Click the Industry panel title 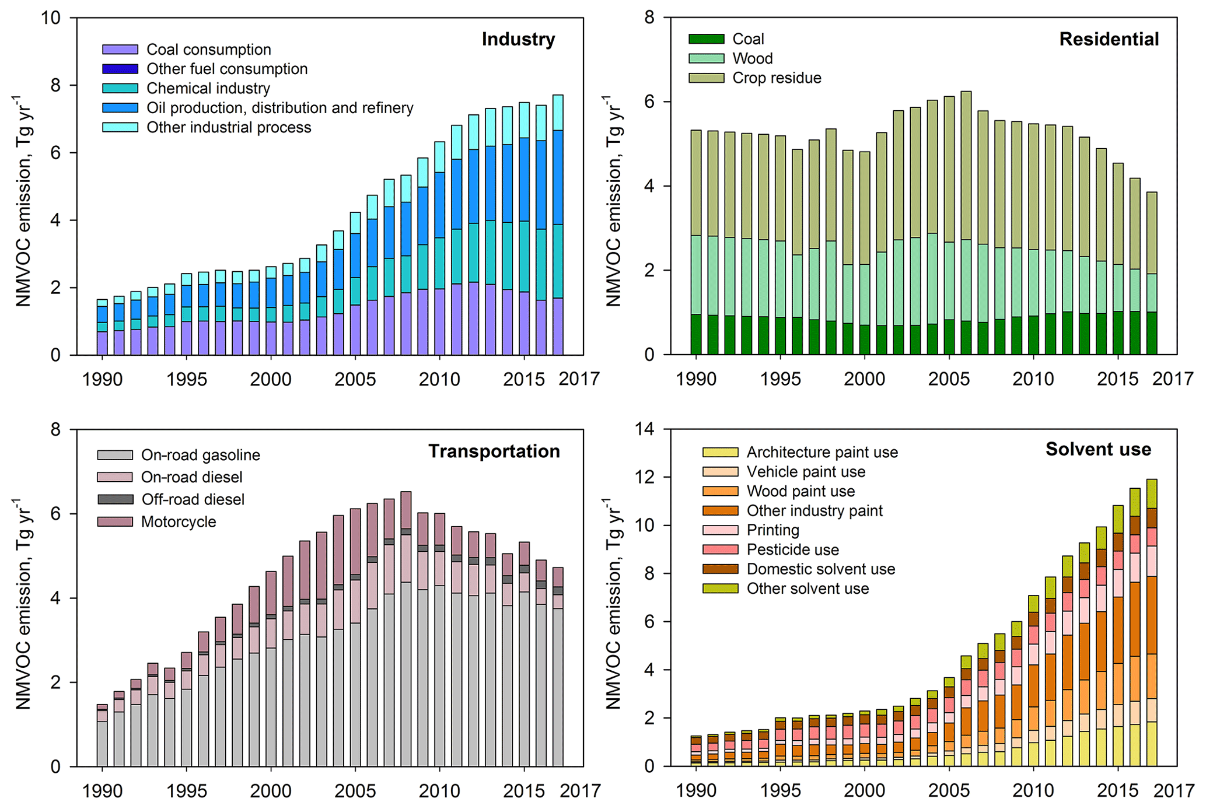518,39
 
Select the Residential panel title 1109,39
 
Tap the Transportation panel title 494,451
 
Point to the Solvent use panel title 1098,449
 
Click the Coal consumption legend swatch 120,50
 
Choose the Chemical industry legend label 208,88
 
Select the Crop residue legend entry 777,78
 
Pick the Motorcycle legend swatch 115,521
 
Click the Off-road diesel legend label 193,499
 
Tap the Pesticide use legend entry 792,549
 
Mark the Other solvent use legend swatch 720,589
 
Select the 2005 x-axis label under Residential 949,379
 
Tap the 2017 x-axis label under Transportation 580,791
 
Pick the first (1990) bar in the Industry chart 102,327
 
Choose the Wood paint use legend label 800,491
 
